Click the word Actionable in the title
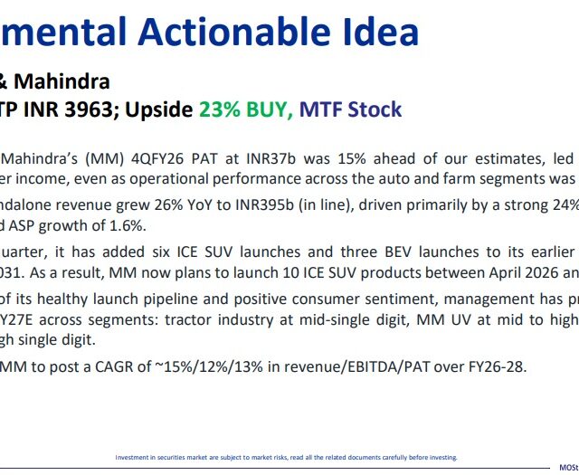[x=234, y=32]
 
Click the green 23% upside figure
[x=220, y=109]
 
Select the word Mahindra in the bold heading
[x=62, y=81]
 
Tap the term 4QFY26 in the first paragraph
[x=157, y=159]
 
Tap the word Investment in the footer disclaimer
[x=131, y=457]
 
